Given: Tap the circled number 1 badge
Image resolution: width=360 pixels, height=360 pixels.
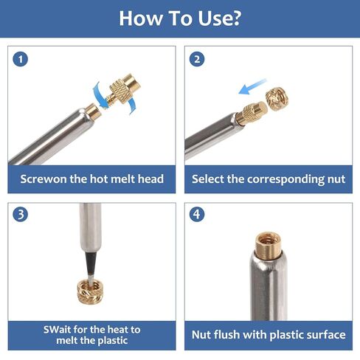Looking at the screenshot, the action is click(21, 59).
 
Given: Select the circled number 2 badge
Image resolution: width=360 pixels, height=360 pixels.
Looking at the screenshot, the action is click(197, 59).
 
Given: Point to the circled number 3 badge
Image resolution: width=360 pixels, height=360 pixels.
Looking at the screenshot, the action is click(21, 214).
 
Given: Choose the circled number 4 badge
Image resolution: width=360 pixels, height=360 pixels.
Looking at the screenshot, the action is click(197, 214).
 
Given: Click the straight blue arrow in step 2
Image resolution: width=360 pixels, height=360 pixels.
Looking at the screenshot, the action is click(252, 86).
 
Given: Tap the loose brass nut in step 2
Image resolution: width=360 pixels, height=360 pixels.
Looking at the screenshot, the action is click(277, 99).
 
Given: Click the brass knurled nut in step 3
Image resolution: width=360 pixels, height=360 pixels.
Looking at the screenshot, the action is click(90, 291).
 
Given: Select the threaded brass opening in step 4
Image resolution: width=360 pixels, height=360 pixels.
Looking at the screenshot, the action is click(268, 244).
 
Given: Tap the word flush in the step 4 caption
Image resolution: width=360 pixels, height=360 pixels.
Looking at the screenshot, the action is click(226, 335).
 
